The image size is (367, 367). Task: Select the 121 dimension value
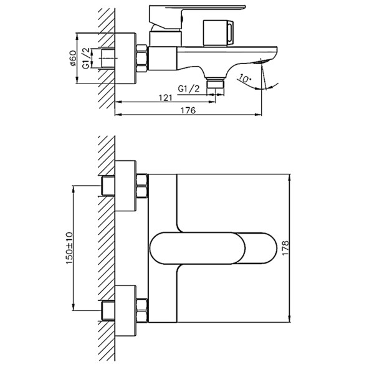(165, 98)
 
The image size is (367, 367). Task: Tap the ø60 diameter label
(74, 60)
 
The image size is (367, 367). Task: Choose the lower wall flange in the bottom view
(126, 308)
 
